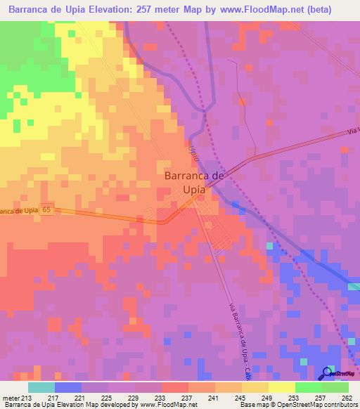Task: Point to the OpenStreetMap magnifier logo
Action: click(x=328, y=373)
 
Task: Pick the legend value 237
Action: click(x=188, y=398)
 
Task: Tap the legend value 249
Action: click(x=268, y=398)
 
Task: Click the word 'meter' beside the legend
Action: click(x=11, y=398)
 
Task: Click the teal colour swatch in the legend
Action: click(x=41, y=387)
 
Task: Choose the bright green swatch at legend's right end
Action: click(x=335, y=387)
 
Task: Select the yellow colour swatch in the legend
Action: click(x=281, y=387)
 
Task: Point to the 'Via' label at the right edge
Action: click(x=352, y=132)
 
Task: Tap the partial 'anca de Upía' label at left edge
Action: click(x=18, y=211)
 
